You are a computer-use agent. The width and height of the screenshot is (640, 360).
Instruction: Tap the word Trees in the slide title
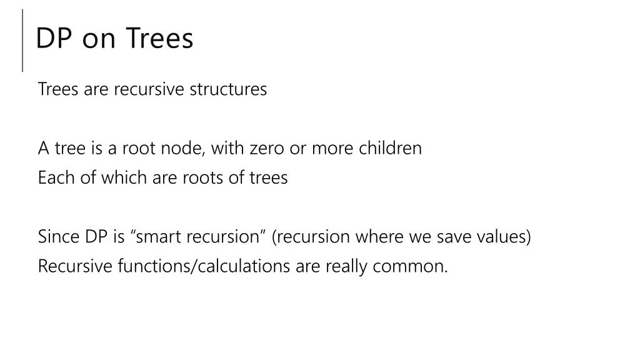pyautogui.click(x=160, y=39)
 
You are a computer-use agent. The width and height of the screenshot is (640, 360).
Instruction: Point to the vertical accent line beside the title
pyautogui.click(x=22, y=40)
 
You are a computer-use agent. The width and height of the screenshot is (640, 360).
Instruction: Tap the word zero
pyautogui.click(x=267, y=149)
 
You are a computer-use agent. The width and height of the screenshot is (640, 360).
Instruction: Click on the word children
pyautogui.click(x=391, y=149)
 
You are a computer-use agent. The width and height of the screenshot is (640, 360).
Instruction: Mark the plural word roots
pyautogui.click(x=203, y=178)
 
